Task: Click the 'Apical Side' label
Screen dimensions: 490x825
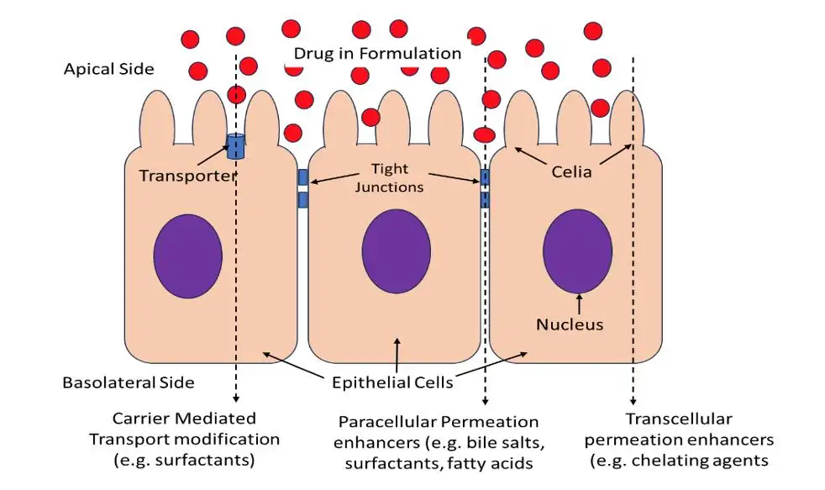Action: click(x=109, y=69)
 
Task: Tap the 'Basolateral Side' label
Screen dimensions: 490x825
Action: click(x=129, y=382)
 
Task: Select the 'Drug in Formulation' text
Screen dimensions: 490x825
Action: click(x=377, y=53)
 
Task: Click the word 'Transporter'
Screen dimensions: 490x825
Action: click(x=187, y=176)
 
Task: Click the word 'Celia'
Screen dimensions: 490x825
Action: click(x=571, y=172)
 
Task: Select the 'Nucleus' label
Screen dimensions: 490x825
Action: click(x=569, y=324)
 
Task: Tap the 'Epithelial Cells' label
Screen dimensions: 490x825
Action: click(x=392, y=382)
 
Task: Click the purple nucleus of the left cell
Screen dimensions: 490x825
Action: click(x=187, y=256)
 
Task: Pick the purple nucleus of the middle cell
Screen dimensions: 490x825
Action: click(x=396, y=252)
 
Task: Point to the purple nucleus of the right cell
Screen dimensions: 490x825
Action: click(x=577, y=250)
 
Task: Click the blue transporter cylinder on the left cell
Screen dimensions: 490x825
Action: click(x=237, y=146)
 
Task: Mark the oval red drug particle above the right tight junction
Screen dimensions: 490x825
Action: click(x=485, y=134)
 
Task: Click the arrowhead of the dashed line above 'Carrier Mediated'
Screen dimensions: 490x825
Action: click(x=237, y=398)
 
